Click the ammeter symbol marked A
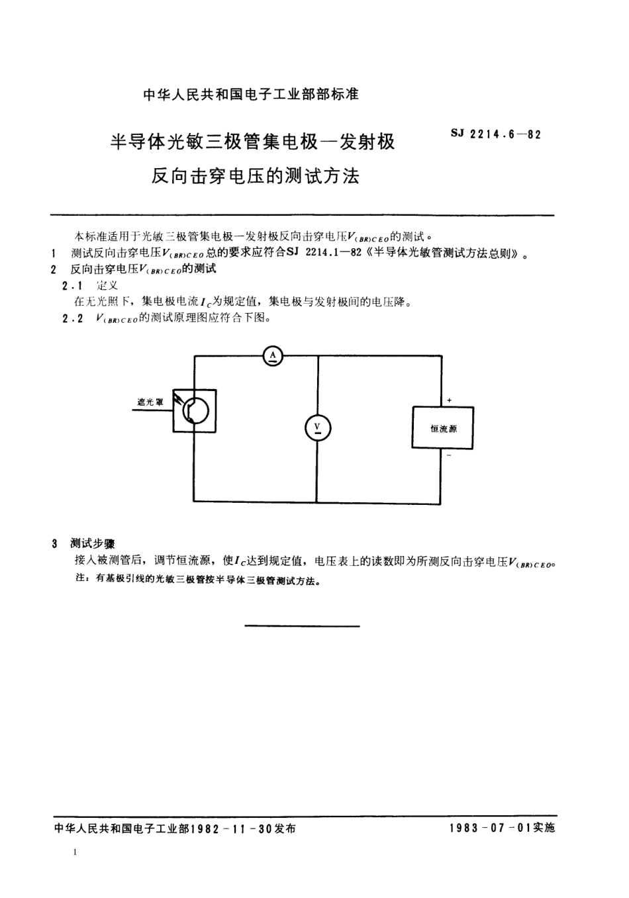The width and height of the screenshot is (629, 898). click(x=273, y=357)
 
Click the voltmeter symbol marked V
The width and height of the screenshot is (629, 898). click(x=317, y=427)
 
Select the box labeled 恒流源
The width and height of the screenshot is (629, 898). click(x=443, y=428)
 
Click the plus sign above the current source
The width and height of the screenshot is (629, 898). click(x=449, y=400)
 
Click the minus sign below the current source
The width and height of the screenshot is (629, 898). click(x=449, y=456)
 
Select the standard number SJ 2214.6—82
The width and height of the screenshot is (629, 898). click(x=496, y=134)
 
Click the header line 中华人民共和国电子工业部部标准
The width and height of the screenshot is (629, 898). click(x=251, y=94)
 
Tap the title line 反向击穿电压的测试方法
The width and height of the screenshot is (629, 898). click(x=256, y=176)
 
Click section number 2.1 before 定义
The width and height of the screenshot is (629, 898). click(x=72, y=286)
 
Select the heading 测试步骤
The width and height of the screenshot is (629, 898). click(x=93, y=543)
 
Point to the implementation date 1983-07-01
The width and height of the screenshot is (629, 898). click(x=491, y=829)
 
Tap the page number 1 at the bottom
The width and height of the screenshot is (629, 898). click(x=75, y=852)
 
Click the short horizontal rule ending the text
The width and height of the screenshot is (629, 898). click(x=303, y=625)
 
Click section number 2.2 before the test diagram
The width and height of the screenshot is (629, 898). click(x=72, y=318)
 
